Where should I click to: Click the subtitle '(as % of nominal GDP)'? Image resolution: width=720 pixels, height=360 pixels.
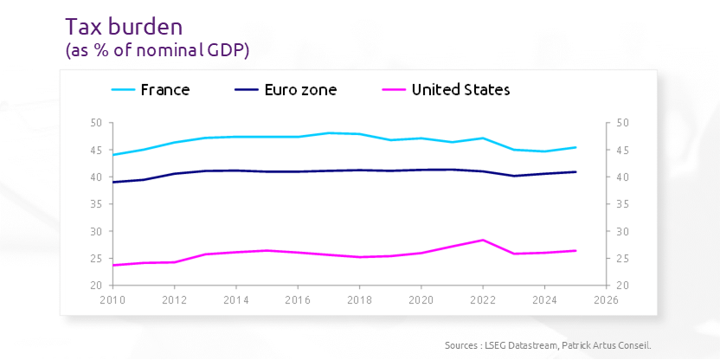[157, 51]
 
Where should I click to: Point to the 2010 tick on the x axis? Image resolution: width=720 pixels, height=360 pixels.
[113, 299]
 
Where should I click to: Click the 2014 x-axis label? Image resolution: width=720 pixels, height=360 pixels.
[236, 299]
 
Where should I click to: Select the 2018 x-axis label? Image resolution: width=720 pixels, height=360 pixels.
[359, 299]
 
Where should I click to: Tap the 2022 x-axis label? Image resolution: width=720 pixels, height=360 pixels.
[482, 299]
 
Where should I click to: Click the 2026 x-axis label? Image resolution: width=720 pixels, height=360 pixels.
[605, 299]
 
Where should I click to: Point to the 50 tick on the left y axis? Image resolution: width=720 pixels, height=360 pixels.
[96, 123]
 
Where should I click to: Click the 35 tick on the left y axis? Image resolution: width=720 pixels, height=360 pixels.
[96, 204]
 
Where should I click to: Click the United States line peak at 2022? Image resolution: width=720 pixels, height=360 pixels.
[482, 240]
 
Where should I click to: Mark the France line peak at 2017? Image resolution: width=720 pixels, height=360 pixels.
[329, 132]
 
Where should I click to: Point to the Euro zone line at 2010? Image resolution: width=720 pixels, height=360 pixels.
[113, 182]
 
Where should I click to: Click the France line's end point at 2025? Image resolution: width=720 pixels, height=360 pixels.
[575, 147]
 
